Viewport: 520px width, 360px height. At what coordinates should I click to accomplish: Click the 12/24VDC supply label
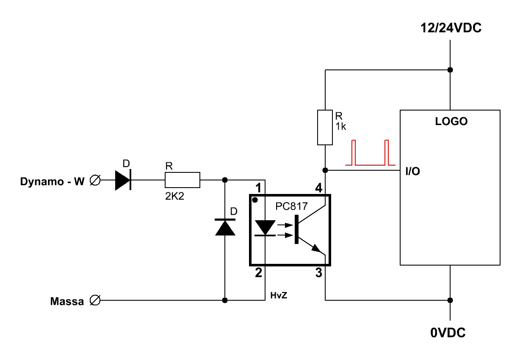tap(451, 28)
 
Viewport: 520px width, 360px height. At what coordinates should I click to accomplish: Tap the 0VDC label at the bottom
tap(448, 332)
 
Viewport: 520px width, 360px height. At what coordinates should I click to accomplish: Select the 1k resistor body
tap(325, 127)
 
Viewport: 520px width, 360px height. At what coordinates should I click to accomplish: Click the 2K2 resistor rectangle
tap(182, 180)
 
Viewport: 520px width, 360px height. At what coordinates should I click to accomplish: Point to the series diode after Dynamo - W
tap(123, 180)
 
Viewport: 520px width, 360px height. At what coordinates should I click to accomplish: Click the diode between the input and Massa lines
tap(225, 227)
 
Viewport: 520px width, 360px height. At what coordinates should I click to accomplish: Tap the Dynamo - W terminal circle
tap(95, 180)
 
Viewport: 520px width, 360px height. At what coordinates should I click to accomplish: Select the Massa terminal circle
tap(95, 300)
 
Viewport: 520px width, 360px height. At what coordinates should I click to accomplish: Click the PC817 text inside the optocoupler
tap(291, 206)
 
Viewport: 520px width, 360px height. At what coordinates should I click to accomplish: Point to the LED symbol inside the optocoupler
tap(265, 228)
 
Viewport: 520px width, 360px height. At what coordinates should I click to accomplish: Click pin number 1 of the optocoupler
tap(258, 188)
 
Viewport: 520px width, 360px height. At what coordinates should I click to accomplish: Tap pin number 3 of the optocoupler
tap(319, 273)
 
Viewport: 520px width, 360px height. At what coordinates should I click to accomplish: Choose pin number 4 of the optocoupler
tap(318, 188)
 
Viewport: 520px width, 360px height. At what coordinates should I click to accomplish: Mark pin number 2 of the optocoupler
tap(258, 273)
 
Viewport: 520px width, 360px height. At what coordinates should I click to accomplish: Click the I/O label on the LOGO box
tap(412, 171)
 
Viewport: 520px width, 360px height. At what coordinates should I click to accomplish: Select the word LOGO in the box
tap(451, 121)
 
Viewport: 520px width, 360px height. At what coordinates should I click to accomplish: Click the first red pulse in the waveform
tap(354, 152)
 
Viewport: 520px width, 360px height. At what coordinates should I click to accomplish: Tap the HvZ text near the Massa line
tap(279, 295)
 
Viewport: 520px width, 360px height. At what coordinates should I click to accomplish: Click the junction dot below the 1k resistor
tap(325, 170)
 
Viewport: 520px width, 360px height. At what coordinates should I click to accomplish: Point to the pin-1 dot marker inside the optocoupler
tap(255, 200)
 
